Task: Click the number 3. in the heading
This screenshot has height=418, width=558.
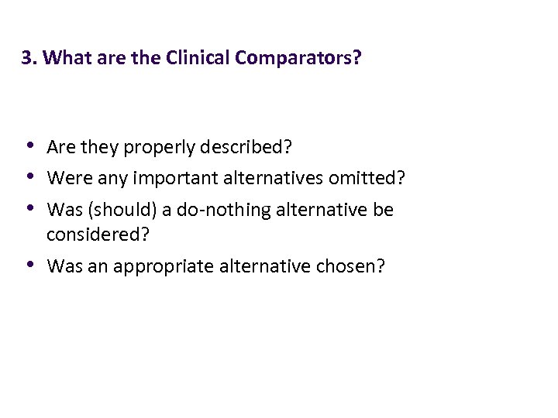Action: pos(29,58)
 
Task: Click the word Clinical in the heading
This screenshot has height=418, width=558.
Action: pos(194,58)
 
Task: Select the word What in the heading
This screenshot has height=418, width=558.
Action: pos(64,58)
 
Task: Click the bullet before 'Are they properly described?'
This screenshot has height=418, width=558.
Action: pos(29,145)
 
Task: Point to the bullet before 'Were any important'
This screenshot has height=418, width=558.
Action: pos(29,176)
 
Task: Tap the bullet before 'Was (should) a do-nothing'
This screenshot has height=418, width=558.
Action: pos(29,208)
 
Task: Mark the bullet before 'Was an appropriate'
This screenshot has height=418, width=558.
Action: pos(29,265)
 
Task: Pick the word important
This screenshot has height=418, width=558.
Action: pos(177,179)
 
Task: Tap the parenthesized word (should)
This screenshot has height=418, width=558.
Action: pos(108,211)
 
